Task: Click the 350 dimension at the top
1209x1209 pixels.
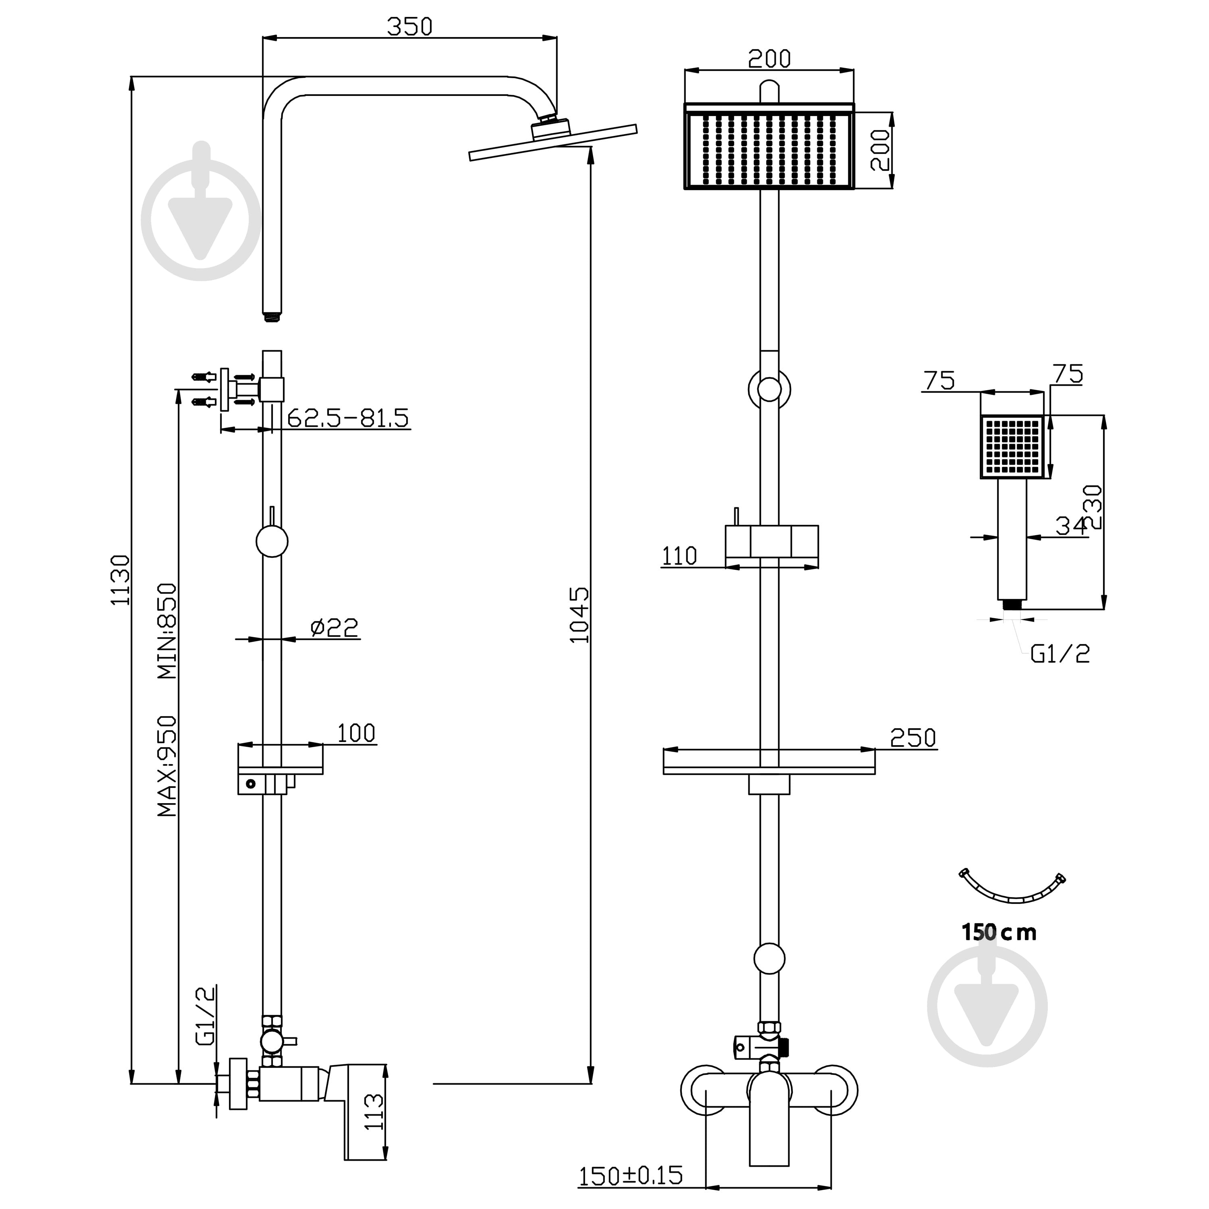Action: (x=409, y=26)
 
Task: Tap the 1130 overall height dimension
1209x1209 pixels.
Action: (x=120, y=580)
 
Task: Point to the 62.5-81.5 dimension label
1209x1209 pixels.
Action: (x=348, y=418)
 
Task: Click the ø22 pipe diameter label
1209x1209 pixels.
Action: (x=335, y=627)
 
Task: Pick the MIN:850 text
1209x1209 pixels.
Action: (x=167, y=631)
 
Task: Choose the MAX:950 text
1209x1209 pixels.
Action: (x=167, y=766)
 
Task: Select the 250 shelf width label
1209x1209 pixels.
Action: (x=913, y=738)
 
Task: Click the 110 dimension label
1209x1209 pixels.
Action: (x=679, y=556)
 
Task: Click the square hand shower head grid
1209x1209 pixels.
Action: (x=1012, y=446)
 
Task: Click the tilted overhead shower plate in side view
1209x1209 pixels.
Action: (x=553, y=142)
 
